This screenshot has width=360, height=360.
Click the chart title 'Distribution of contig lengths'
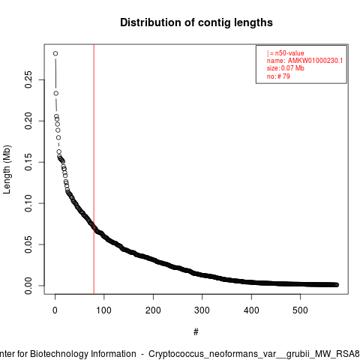196,22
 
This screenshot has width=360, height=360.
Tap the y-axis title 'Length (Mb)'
7,169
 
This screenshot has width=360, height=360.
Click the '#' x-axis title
196,332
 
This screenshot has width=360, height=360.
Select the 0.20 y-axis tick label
28,121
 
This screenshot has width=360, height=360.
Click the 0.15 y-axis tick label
28,162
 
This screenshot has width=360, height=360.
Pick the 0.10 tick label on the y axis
28,203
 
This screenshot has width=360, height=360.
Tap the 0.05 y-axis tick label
28,244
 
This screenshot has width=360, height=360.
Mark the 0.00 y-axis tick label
28,286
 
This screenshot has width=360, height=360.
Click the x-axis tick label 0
55,310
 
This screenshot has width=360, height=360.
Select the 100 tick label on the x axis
103,310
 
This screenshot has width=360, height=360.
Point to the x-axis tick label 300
202,310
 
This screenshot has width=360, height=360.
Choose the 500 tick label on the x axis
300,310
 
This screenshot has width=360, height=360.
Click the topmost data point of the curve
55,53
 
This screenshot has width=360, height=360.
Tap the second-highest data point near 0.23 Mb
56,93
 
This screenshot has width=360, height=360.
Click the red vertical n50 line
94,169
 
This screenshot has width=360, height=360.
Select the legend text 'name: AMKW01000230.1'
304,61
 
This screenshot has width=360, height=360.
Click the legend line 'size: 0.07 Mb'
286,68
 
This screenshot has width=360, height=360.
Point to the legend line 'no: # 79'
278,76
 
